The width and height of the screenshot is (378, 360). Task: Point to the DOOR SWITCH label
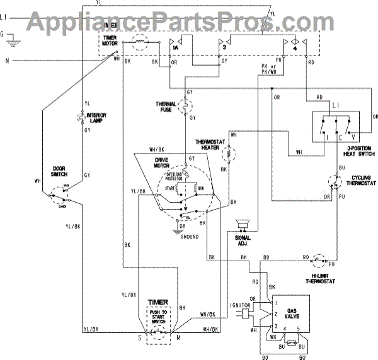(61, 171)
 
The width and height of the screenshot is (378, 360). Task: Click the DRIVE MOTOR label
(164, 162)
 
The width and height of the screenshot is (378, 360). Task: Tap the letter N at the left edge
(7, 61)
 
